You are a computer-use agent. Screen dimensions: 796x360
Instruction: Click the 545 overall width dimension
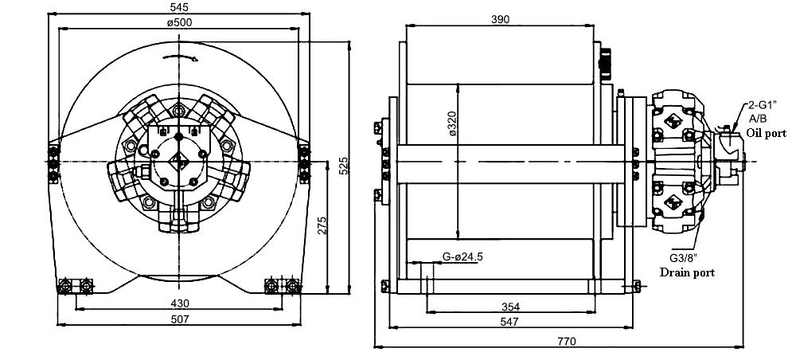(x=179, y=7)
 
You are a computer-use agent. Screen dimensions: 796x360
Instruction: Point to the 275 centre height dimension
(x=322, y=226)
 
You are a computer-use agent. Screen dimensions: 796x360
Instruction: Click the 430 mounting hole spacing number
(x=180, y=303)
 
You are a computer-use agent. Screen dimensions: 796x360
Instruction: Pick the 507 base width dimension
(x=180, y=319)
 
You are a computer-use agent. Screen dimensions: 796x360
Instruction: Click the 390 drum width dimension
(x=500, y=19)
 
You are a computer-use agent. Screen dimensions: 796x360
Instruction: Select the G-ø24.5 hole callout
(x=462, y=257)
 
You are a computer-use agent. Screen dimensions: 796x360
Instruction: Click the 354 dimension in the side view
(x=510, y=307)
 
